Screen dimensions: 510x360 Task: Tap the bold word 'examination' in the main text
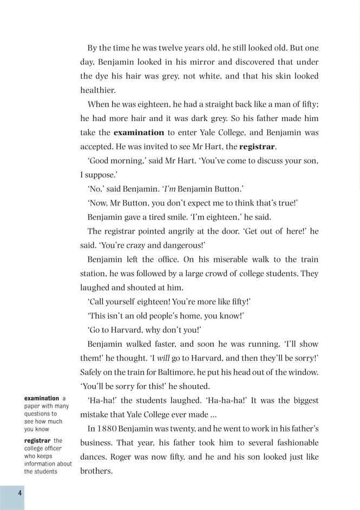139,133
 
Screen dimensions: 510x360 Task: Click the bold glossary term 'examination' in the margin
42,399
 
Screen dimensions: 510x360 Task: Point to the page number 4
19,493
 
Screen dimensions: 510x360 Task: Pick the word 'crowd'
220,274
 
